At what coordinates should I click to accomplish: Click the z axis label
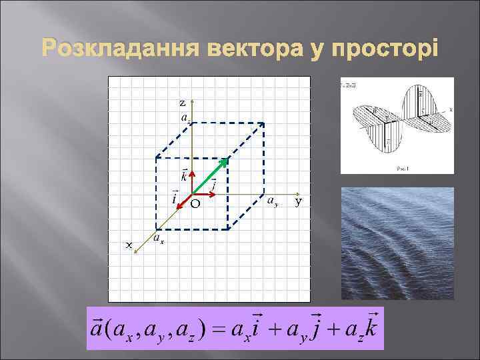[183, 103]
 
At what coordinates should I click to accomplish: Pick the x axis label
[129, 245]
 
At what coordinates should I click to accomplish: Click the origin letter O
[195, 204]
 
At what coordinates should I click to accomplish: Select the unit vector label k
[183, 176]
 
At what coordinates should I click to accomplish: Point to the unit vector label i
[174, 198]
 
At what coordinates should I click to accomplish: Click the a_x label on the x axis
[159, 238]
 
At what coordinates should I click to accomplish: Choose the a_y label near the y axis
[272, 200]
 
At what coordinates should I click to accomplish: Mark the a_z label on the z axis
[185, 117]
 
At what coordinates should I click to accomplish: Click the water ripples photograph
[397, 243]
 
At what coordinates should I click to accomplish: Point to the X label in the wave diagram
[451, 109]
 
